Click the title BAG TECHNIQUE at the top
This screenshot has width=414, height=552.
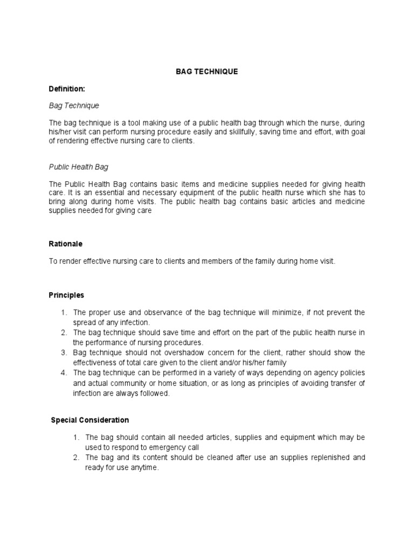click(207, 72)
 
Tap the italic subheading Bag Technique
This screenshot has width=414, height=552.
click(74, 106)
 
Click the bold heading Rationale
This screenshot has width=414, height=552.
click(66, 244)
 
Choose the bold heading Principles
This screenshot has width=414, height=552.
click(66, 295)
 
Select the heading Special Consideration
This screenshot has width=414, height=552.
click(90, 420)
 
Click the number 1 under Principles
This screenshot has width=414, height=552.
click(64, 313)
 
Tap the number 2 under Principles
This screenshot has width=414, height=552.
click(64, 333)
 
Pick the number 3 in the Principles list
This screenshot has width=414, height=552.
click(64, 353)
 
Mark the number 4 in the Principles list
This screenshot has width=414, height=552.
click(64, 373)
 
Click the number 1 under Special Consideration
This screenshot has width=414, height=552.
click(77, 437)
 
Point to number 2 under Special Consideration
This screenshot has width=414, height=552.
click(77, 458)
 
